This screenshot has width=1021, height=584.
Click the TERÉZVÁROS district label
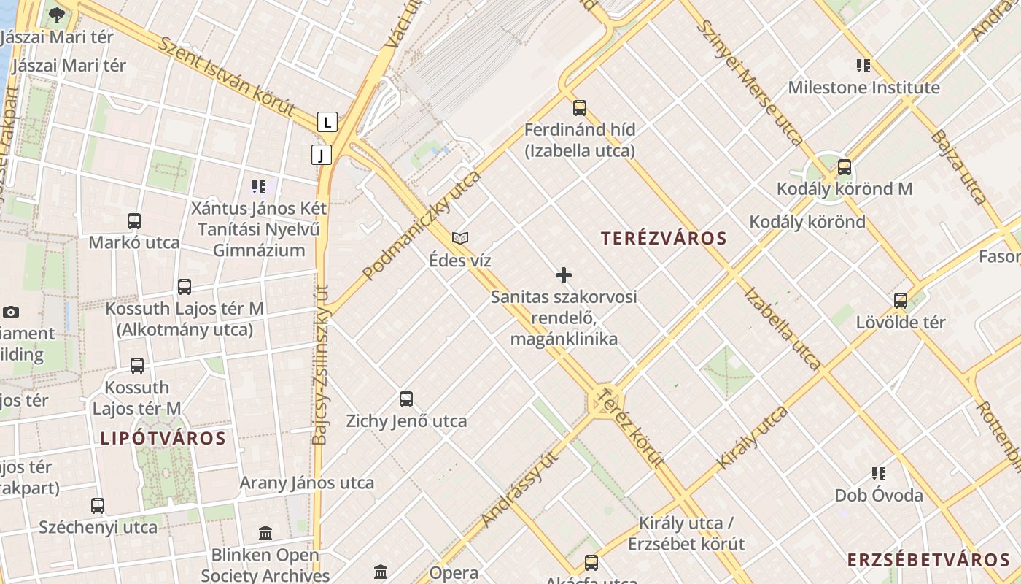[x=664, y=239]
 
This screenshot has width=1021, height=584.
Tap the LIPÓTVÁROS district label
[x=163, y=439]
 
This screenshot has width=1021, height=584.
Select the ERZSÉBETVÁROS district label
[x=928, y=560]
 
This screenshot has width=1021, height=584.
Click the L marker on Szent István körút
[x=327, y=122]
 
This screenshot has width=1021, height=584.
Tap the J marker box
[x=321, y=155]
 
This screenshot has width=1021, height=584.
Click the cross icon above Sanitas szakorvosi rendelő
[x=564, y=275]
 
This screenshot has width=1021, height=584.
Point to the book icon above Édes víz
[x=460, y=238]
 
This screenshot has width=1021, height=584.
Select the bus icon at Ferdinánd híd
[x=580, y=108]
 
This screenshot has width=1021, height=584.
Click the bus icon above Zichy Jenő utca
[x=406, y=399]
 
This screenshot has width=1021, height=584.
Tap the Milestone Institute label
[x=863, y=88]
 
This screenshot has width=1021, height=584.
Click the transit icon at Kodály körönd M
[x=845, y=167]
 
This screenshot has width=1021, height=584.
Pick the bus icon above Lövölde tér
[x=901, y=300]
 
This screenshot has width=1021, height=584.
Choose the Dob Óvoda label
[x=879, y=496]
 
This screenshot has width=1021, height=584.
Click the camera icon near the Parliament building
[x=10, y=312]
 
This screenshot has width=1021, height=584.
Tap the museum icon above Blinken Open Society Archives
[x=265, y=534]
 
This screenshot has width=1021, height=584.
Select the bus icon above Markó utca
[x=134, y=220]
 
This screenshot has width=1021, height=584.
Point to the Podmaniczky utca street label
[x=422, y=226]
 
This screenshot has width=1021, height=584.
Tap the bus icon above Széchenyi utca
[x=98, y=505]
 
